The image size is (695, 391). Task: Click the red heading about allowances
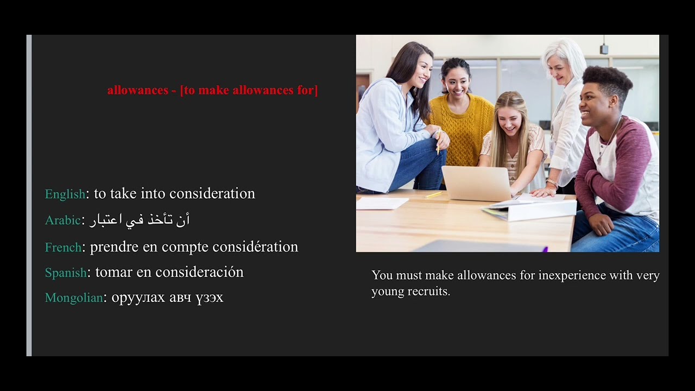pyautogui.click(x=212, y=90)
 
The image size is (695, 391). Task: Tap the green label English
pyautogui.click(x=65, y=194)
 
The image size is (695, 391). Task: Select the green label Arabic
pyautogui.click(x=62, y=220)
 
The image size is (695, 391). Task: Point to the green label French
pyautogui.click(x=63, y=247)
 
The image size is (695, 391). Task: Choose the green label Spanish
pyautogui.click(x=66, y=273)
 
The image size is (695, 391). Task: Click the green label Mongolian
pyautogui.click(x=74, y=298)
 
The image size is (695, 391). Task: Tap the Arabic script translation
pyautogui.click(x=140, y=220)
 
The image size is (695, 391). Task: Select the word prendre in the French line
pyautogui.click(x=114, y=247)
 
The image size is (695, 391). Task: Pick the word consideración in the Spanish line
pyautogui.click(x=199, y=272)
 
